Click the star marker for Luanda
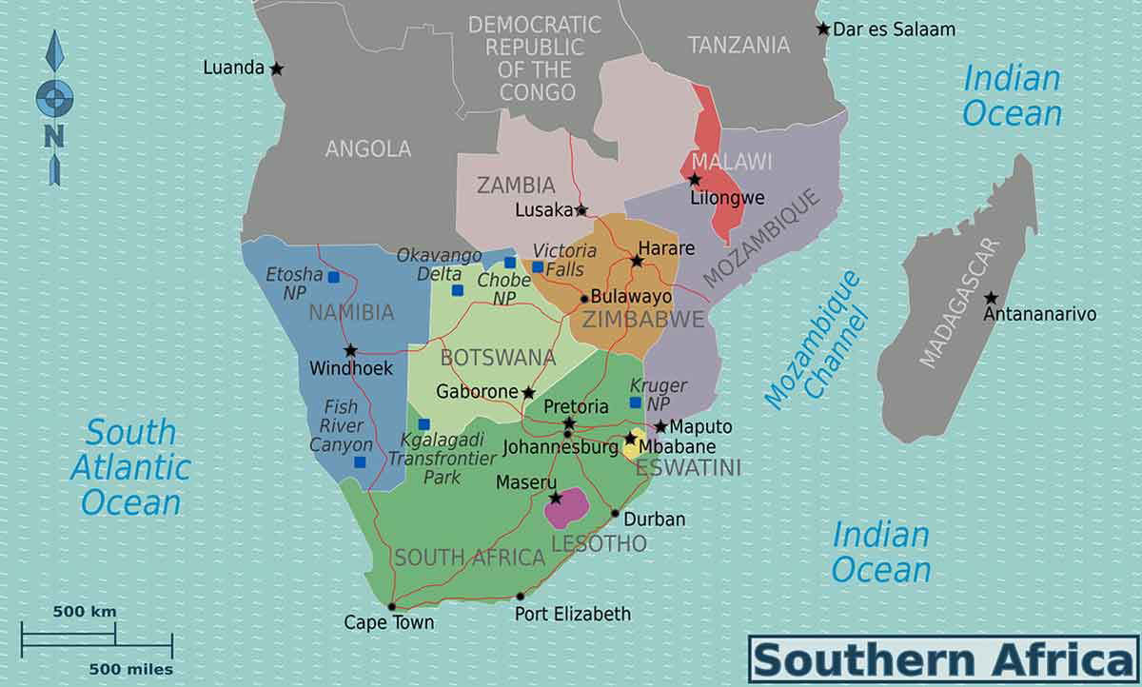276,69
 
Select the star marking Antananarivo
991,298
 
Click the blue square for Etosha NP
333,277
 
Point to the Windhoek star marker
350,350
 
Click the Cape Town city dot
391,606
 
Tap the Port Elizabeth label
572,614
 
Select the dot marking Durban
615,514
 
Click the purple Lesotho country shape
567,507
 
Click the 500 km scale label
84,611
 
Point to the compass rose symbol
54,105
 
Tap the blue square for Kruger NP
635,402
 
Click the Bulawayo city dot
583,298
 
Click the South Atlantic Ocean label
130,466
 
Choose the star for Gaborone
528,392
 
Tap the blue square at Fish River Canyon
360,462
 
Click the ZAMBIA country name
516,185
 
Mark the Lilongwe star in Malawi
695,180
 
